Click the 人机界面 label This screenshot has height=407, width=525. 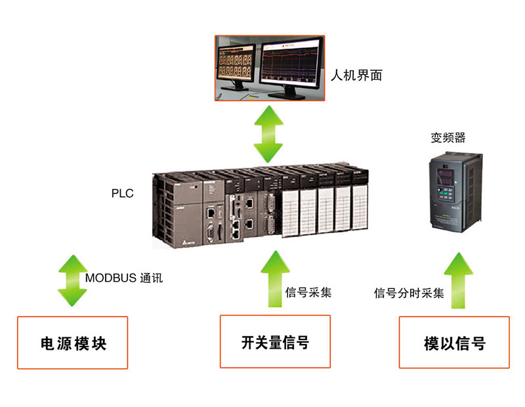(x=358, y=75)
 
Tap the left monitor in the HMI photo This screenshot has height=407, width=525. (x=238, y=66)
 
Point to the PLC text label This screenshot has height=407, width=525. (x=123, y=194)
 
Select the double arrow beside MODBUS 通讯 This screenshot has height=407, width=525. (x=72, y=280)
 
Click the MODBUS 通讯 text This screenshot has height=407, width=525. (x=124, y=278)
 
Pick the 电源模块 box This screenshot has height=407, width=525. (x=73, y=343)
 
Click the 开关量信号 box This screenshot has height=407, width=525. (x=275, y=341)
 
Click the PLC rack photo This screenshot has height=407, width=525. (x=262, y=207)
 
